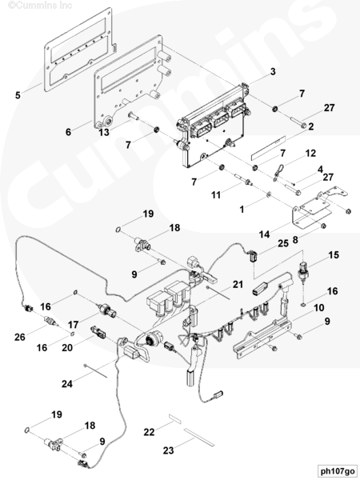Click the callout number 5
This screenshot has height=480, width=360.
18,95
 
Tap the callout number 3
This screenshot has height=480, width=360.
273,72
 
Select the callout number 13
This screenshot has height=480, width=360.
104,133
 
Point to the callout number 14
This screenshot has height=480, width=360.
265,234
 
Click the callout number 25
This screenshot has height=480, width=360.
283,243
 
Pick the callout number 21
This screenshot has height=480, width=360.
238,284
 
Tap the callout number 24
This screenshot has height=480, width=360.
67,383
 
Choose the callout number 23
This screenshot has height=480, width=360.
168,450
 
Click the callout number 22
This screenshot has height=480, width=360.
149,432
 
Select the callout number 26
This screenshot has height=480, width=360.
20,337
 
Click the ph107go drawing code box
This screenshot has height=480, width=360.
338,471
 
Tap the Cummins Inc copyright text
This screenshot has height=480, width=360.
40,6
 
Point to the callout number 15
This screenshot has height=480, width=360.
334,255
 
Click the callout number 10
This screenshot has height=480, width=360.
319,308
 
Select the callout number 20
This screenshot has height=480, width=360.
67,348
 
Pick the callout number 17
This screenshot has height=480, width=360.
74,324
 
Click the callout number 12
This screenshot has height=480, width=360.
310,153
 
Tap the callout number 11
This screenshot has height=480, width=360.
216,195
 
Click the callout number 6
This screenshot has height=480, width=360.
68,132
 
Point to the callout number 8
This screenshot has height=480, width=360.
295,240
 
